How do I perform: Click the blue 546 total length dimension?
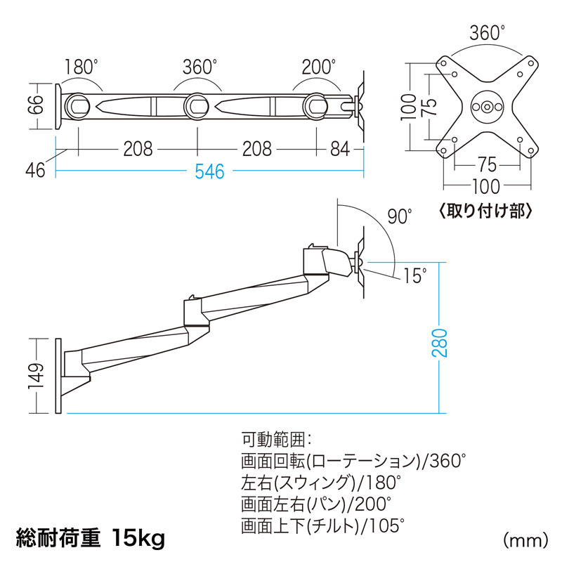209,171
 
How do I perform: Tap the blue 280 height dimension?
440,342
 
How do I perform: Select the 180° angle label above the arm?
81,67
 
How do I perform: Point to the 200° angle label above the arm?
319,67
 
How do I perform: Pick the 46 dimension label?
36,170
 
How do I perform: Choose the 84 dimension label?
339,149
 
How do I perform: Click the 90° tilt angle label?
400,216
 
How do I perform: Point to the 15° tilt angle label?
414,275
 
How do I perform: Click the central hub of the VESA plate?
487,107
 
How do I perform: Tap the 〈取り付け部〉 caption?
485,211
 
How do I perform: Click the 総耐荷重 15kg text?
91,537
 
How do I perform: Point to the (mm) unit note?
525,540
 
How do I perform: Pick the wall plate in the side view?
58,375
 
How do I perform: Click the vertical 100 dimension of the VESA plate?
408,107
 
